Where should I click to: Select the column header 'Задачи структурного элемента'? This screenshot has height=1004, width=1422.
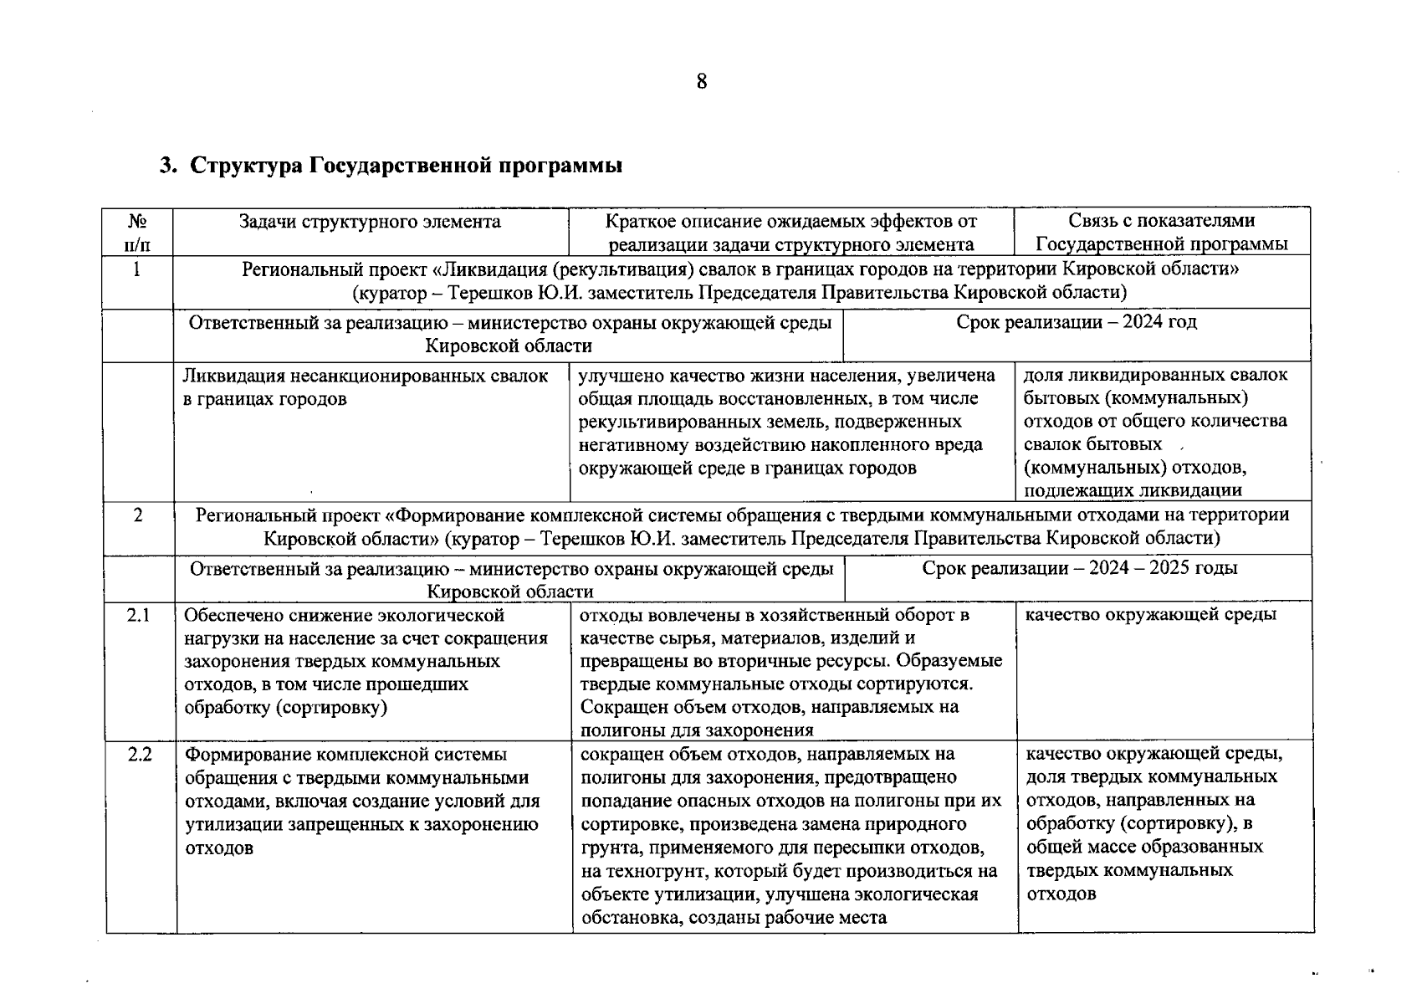click(370, 222)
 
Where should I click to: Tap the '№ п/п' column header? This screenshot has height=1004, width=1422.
click(138, 233)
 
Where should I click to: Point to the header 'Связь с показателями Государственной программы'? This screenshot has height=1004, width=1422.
click(1162, 233)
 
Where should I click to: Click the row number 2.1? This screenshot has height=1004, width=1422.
click(138, 616)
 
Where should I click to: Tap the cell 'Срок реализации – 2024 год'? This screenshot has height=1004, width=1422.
click(1076, 323)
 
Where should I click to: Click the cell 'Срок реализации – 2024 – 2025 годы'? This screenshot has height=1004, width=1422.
click(1079, 568)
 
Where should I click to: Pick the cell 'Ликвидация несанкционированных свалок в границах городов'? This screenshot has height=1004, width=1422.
click(366, 387)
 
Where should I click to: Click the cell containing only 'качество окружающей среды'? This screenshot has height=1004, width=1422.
click(1150, 615)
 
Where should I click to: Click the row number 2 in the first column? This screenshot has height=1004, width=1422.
click(138, 515)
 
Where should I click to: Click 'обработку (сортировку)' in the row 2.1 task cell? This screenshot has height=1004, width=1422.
click(285, 708)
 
